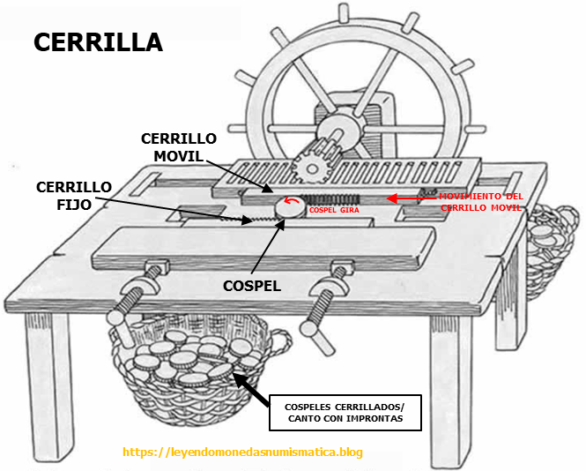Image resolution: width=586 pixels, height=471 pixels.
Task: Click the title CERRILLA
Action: tap(98, 41)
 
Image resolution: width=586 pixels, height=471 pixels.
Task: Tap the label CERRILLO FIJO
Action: tap(74, 196)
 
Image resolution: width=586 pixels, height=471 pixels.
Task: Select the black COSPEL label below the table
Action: tap(252, 287)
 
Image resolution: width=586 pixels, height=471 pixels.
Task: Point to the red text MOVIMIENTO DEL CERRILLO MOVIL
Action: tap(480, 201)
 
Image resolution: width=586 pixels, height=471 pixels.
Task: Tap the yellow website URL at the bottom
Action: tap(242, 452)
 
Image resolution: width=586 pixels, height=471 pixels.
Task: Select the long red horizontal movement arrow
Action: tap(414, 198)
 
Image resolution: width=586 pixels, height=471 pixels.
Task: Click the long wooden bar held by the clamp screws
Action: tap(264, 249)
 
